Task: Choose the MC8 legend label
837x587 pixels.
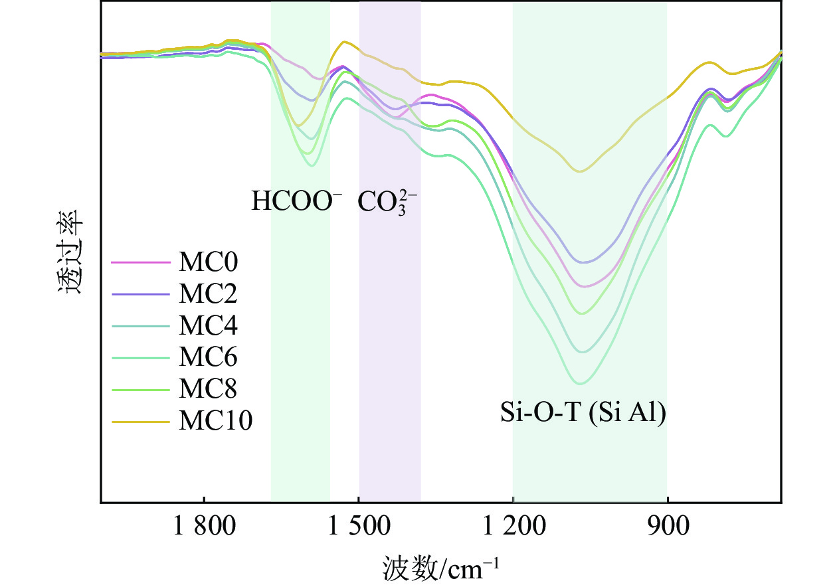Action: [x=208, y=389]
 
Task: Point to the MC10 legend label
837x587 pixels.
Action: [x=215, y=421]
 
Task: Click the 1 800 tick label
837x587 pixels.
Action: [x=204, y=529]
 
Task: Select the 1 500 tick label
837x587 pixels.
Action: [x=359, y=529]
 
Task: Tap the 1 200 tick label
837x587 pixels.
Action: [x=513, y=529]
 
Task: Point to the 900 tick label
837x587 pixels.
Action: [x=667, y=529]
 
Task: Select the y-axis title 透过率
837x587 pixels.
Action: [x=68, y=252]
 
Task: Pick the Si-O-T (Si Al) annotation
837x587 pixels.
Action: [x=583, y=414]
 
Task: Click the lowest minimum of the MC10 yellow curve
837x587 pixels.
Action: [x=581, y=171]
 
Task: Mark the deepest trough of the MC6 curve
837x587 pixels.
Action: [x=580, y=384]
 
